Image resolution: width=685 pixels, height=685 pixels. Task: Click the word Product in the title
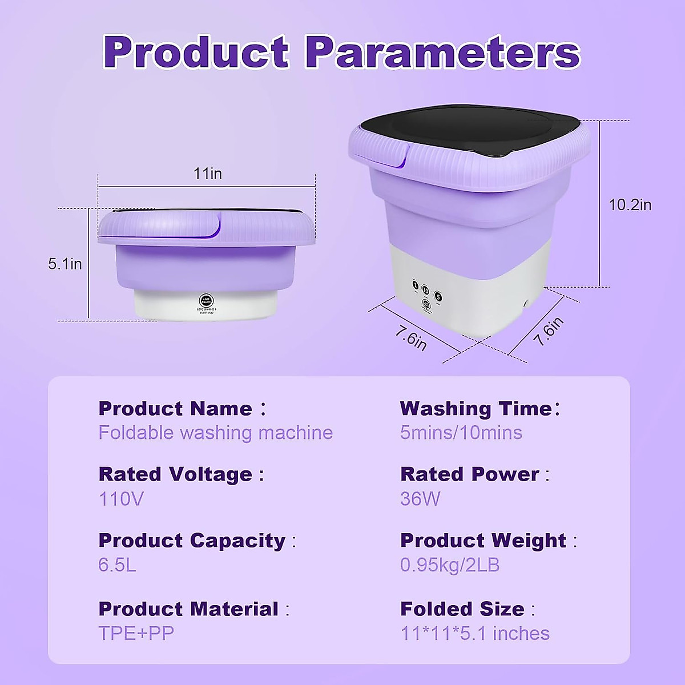(x=196, y=53)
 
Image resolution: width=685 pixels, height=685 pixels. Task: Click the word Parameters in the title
(x=442, y=53)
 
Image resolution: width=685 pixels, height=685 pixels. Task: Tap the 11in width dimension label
(x=208, y=174)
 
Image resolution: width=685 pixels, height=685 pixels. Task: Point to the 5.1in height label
(x=65, y=264)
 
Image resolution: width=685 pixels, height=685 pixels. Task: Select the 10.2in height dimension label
(x=630, y=205)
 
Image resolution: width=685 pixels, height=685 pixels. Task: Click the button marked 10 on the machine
(x=426, y=290)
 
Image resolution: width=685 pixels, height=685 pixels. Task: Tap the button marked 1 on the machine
(x=415, y=286)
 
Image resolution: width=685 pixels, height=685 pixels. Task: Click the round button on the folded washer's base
(x=205, y=300)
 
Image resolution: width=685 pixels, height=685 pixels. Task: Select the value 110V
(x=121, y=499)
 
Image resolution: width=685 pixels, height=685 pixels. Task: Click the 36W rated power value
(x=420, y=499)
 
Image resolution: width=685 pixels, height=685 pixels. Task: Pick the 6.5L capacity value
(x=117, y=565)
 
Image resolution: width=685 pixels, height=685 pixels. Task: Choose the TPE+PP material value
(x=136, y=634)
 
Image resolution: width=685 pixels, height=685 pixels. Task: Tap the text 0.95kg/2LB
(x=450, y=565)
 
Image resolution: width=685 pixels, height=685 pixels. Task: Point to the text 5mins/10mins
(x=461, y=433)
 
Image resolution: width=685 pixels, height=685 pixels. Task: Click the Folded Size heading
(x=462, y=609)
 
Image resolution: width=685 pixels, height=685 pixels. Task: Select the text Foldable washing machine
(x=215, y=433)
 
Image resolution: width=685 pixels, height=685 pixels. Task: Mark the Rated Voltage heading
(x=175, y=474)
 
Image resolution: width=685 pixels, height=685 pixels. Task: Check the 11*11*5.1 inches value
(x=475, y=634)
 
